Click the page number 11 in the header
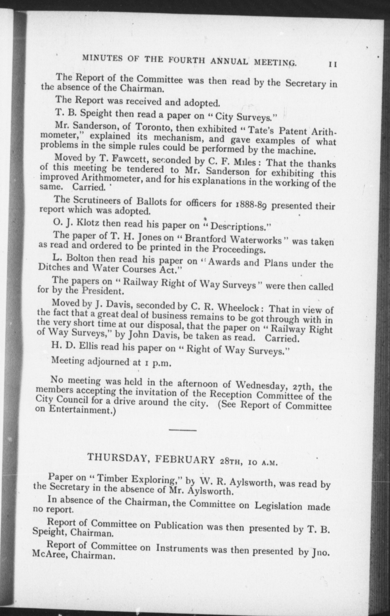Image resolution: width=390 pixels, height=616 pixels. pyautogui.click(x=332, y=64)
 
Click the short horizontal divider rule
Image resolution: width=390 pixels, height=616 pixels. pyautogui.click(x=183, y=430)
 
